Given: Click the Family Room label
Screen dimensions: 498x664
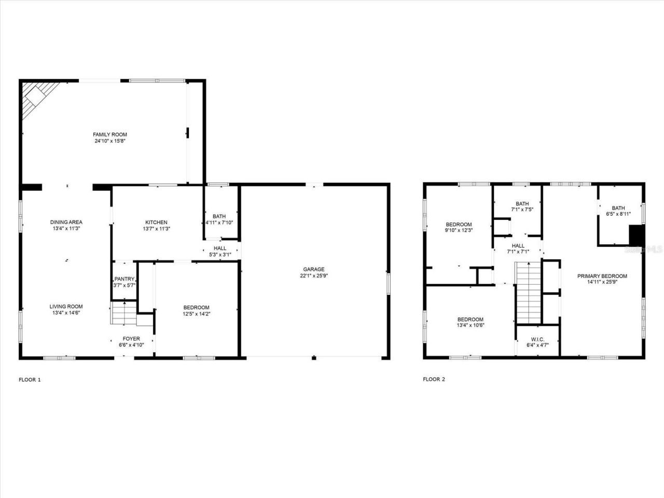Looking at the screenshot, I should point(110,135).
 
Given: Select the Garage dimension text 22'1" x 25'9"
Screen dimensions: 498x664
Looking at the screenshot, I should point(314,276).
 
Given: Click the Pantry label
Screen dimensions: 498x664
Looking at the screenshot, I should point(125,279).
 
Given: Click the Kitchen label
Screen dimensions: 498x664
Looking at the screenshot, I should point(156,223).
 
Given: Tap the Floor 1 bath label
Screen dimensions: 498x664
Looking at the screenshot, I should point(219,216).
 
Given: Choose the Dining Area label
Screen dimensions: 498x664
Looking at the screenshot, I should point(66,223).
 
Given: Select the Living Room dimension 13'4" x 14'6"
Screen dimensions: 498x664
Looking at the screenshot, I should point(66,313).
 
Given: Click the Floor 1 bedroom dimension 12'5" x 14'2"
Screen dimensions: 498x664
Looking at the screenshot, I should point(196,314).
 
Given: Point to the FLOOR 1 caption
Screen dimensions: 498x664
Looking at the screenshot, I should point(30,380).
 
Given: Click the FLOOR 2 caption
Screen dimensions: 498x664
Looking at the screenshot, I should point(434,379).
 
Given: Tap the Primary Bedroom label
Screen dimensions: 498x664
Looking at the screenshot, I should point(602,276).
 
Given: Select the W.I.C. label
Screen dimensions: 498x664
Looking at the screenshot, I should point(537,339).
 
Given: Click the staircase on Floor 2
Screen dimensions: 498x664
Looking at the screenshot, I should point(529,293).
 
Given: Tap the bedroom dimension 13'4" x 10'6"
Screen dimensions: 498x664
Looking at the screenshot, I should point(471,326).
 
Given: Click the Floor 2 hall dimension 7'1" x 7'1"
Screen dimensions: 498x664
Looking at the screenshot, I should point(518,252).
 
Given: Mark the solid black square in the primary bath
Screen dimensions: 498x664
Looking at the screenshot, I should point(636,234).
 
